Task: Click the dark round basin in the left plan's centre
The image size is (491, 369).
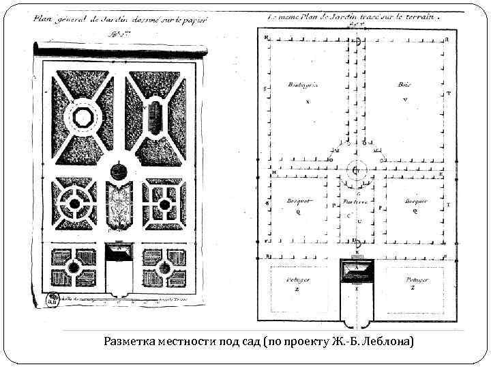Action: (x=118, y=169)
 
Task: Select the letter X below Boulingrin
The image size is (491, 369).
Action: (x=308, y=101)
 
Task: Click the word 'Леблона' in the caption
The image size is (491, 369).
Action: (x=389, y=341)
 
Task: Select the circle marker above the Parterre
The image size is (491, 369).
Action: (x=355, y=169)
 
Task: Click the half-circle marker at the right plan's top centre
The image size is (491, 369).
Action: (x=357, y=41)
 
